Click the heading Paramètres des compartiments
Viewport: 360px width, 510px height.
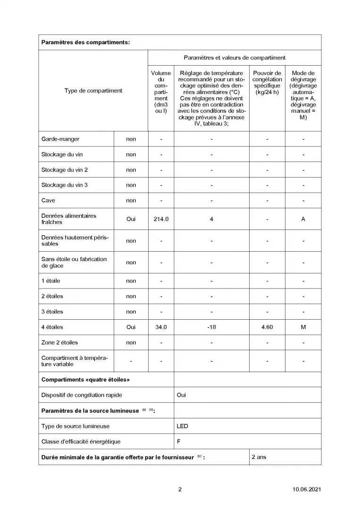(x=85, y=42)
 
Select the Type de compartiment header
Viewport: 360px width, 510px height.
(x=93, y=91)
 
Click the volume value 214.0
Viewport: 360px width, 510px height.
(x=161, y=219)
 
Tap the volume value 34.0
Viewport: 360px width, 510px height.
(x=161, y=327)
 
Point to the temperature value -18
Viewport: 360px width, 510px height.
(x=211, y=327)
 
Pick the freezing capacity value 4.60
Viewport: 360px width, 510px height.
(x=267, y=327)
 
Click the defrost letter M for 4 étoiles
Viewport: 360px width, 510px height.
(x=303, y=327)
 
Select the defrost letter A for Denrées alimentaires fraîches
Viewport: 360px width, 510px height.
(x=303, y=219)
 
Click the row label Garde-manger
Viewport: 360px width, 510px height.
(x=60, y=139)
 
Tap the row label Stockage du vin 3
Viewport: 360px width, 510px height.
(x=64, y=185)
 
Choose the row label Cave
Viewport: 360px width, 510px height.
(x=48, y=200)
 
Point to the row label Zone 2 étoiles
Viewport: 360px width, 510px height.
(x=59, y=342)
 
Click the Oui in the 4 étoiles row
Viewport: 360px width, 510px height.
(x=131, y=327)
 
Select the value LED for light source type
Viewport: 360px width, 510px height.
(x=182, y=426)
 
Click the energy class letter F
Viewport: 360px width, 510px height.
(x=179, y=442)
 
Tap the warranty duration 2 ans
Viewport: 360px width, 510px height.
(x=259, y=457)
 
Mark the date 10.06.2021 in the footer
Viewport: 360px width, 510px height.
(x=307, y=489)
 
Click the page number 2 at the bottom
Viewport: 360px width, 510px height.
(x=180, y=489)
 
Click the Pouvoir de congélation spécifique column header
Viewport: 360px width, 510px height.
(x=267, y=83)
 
